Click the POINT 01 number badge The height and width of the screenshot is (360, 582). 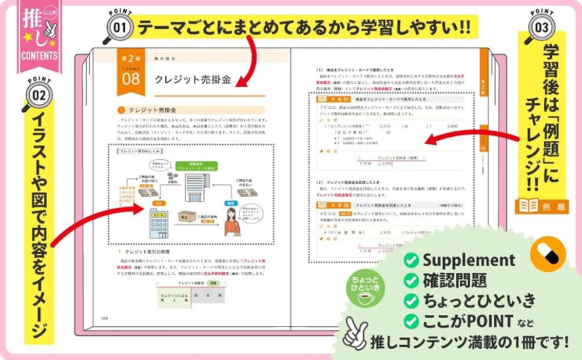(x=119, y=27)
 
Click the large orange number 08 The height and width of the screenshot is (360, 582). (x=130, y=79)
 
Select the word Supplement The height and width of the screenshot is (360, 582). (x=469, y=259)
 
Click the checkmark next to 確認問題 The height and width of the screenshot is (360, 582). (x=411, y=280)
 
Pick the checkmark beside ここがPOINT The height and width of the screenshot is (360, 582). (x=411, y=320)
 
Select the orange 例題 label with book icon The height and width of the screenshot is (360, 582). (x=541, y=206)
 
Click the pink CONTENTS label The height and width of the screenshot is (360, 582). (x=38, y=56)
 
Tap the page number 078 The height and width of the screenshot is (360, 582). (x=105, y=318)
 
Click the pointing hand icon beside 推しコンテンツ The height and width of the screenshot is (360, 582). (x=356, y=335)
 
